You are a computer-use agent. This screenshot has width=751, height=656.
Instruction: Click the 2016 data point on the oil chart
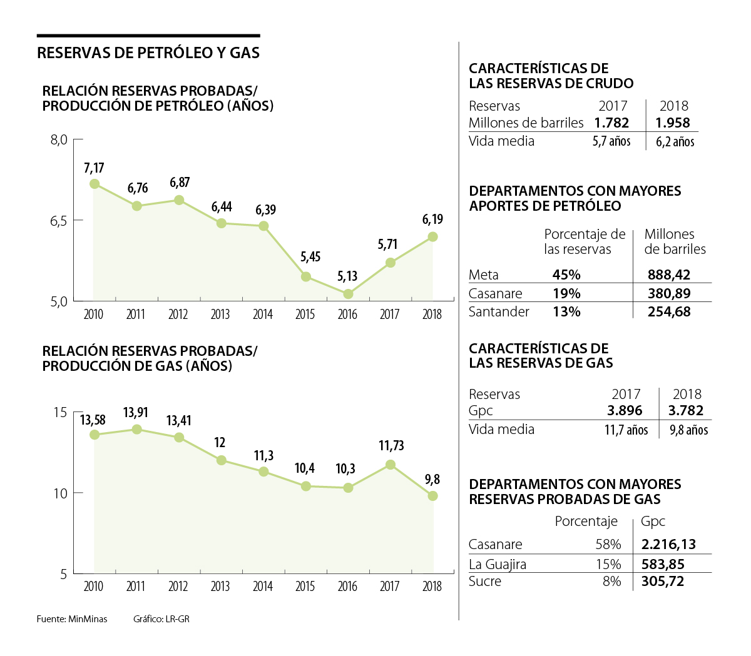click(x=348, y=294)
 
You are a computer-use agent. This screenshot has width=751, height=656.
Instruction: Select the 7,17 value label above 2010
click(x=94, y=168)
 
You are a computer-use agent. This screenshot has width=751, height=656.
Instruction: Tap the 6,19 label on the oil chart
click(x=432, y=220)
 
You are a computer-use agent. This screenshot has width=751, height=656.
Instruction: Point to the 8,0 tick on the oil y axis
click(x=59, y=139)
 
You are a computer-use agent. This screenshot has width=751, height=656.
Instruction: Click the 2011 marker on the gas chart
click(x=136, y=429)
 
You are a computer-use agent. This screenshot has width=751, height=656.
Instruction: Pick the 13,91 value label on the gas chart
click(x=136, y=412)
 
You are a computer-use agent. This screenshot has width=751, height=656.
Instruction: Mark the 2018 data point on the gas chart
click(x=432, y=496)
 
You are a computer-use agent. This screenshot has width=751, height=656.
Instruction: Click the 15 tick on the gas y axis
click(x=60, y=412)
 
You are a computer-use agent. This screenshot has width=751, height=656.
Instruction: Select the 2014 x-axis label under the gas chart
click(x=263, y=586)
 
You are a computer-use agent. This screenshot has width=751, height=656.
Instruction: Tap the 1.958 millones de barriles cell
click(x=673, y=123)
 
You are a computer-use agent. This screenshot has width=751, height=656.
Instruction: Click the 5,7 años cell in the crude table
click(x=611, y=141)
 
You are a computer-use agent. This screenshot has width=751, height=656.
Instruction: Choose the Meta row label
click(x=484, y=275)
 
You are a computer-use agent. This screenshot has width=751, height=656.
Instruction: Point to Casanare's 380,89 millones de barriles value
click(x=669, y=293)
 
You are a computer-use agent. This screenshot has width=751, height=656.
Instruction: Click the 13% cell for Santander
click(x=566, y=311)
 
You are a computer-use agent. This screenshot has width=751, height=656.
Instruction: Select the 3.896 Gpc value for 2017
click(x=625, y=411)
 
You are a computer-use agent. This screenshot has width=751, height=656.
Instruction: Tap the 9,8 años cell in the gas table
click(x=688, y=430)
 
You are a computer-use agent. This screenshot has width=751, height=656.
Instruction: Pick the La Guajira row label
click(x=498, y=564)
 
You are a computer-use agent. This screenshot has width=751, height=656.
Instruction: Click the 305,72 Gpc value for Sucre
click(x=663, y=582)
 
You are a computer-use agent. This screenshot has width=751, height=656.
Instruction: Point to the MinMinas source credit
click(x=88, y=619)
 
